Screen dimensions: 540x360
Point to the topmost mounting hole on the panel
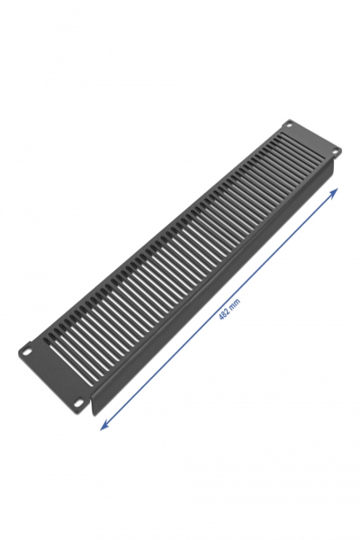pos(289,124)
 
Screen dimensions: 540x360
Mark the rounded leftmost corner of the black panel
pos(20,352)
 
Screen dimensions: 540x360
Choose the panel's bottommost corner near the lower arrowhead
pos(94,415)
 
